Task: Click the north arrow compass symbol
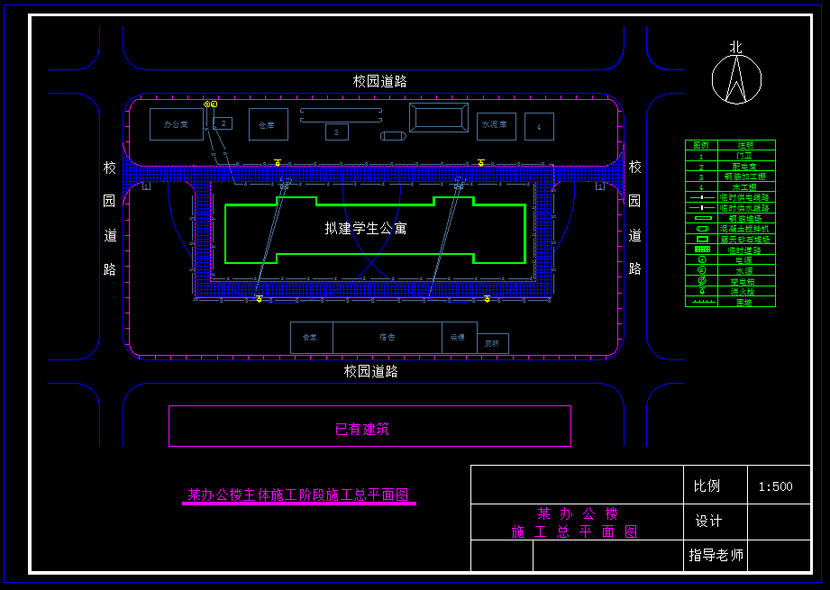(736, 79)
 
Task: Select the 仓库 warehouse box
(268, 124)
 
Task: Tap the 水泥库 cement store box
(497, 124)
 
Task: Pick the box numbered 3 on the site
(336, 132)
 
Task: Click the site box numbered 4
(539, 127)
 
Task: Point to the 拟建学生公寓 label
(366, 229)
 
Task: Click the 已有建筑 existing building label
(362, 430)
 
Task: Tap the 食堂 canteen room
(311, 337)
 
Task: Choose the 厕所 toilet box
(492, 343)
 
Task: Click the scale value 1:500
(775, 486)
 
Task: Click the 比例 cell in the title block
(707, 486)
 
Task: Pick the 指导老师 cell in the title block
(716, 556)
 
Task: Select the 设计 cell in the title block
(708, 522)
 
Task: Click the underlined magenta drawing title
(298, 495)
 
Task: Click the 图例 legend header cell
(701, 145)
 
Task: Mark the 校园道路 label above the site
(379, 81)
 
